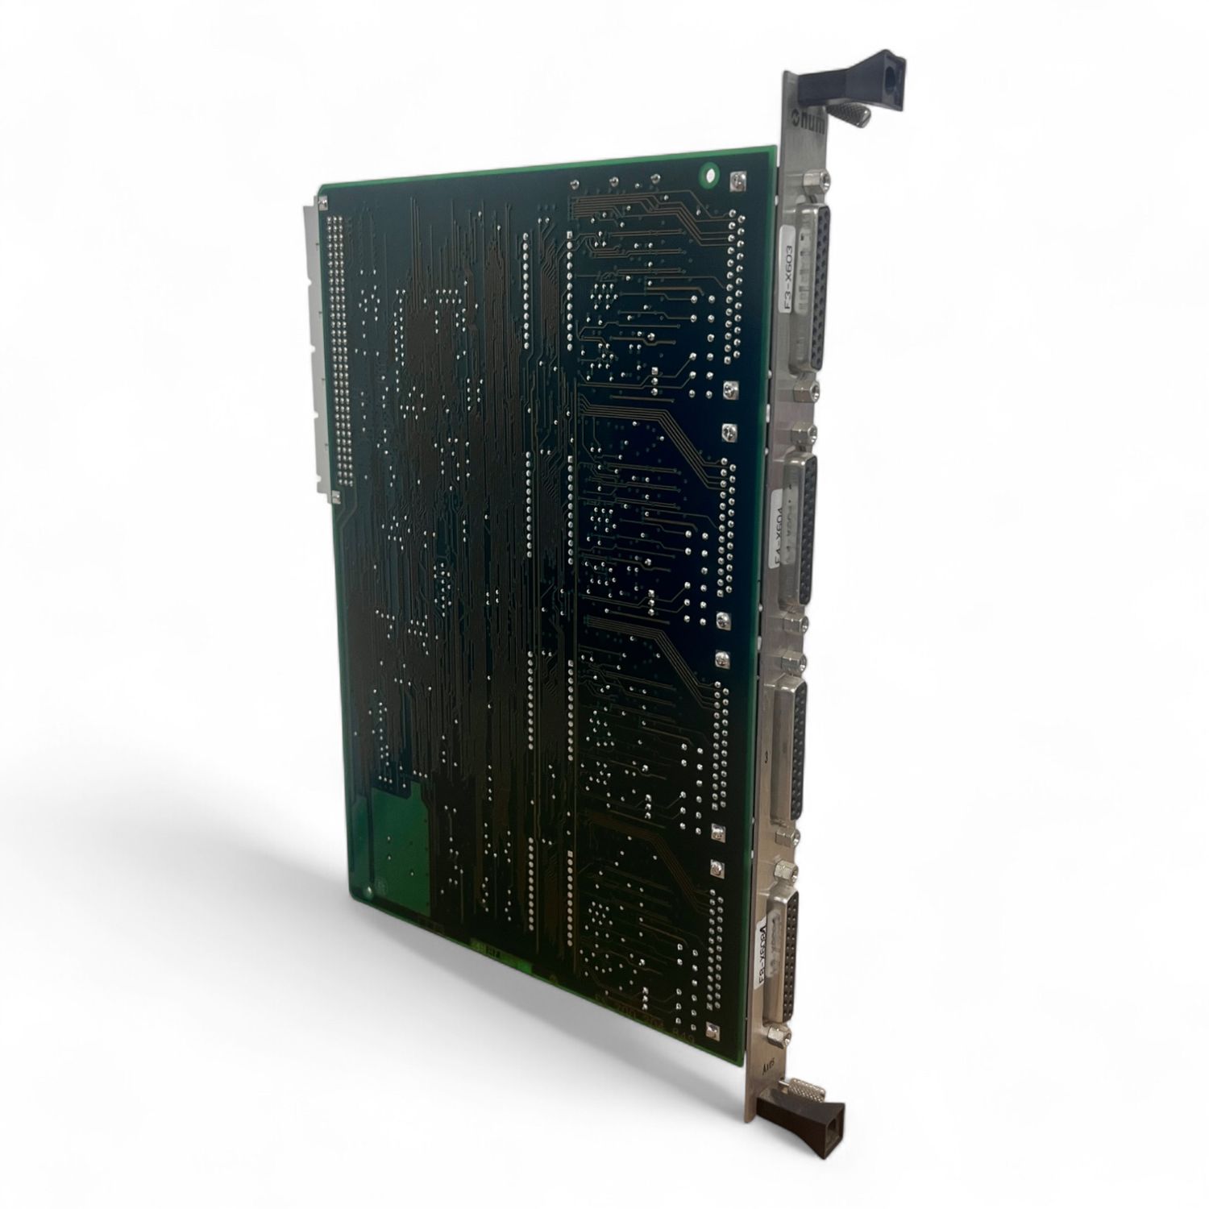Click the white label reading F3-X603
tap(791, 275)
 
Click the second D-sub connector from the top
tap(803, 527)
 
